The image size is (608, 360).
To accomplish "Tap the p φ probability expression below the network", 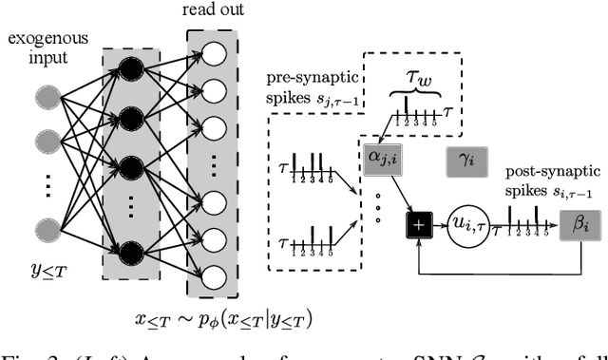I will [x=220, y=317].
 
